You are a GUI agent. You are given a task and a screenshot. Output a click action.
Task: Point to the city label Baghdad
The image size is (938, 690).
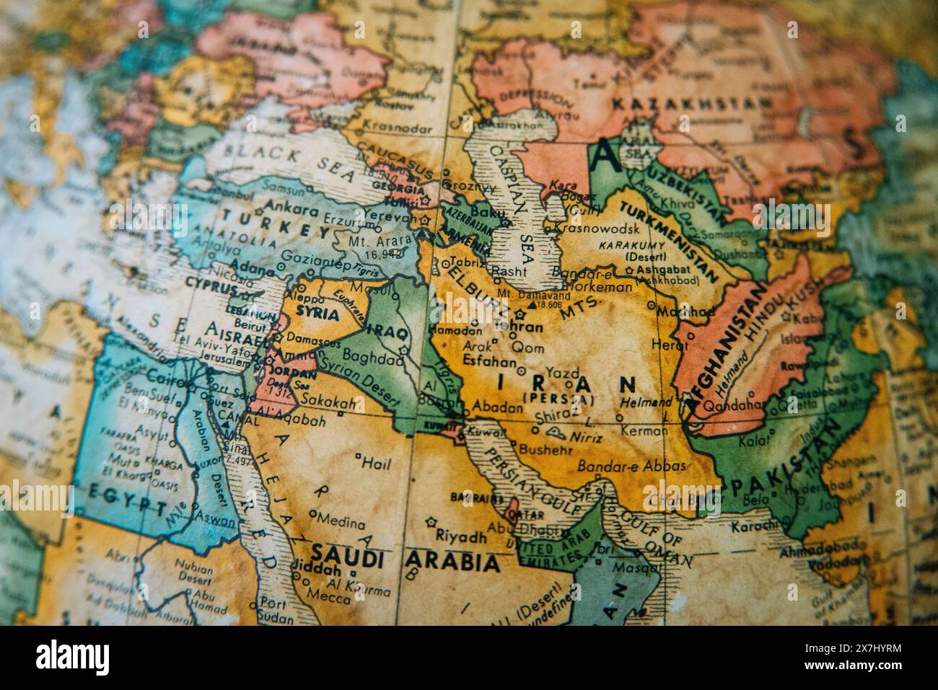pyautogui.click(x=372, y=357)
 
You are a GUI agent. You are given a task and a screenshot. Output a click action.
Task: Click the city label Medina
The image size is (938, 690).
pyautogui.click(x=341, y=518)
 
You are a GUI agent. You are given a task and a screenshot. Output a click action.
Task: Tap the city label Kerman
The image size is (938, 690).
pyautogui.click(x=644, y=430)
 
